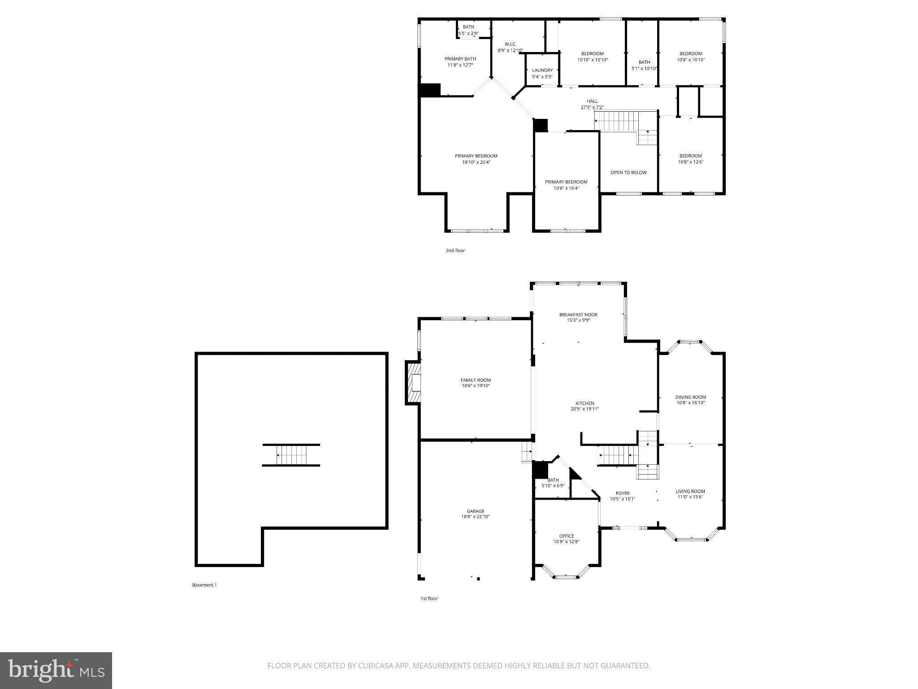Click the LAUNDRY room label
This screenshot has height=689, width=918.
coord(542,70)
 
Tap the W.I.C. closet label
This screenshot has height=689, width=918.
coord(510,44)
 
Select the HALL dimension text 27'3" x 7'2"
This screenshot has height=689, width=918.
coord(592,107)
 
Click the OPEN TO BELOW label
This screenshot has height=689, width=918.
coord(628,172)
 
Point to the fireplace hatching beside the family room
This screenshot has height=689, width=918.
coord(413,383)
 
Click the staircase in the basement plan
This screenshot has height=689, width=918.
coord(291,455)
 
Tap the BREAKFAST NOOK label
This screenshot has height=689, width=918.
coord(578,314)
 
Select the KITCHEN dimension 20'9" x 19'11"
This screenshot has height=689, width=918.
coord(585,409)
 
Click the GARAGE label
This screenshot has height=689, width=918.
coord(475,511)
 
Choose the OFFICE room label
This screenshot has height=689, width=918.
coord(566,536)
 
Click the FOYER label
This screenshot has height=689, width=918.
coord(622,493)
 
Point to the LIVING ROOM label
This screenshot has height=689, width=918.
coord(690,491)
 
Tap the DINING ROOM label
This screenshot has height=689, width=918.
coord(691,397)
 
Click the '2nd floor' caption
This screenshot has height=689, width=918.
coord(455,250)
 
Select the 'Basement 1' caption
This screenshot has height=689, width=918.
coord(204,585)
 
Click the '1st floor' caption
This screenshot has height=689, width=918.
coord(429,598)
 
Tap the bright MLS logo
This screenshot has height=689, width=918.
coord(56,670)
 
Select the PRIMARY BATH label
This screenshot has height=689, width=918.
coord(460,59)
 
